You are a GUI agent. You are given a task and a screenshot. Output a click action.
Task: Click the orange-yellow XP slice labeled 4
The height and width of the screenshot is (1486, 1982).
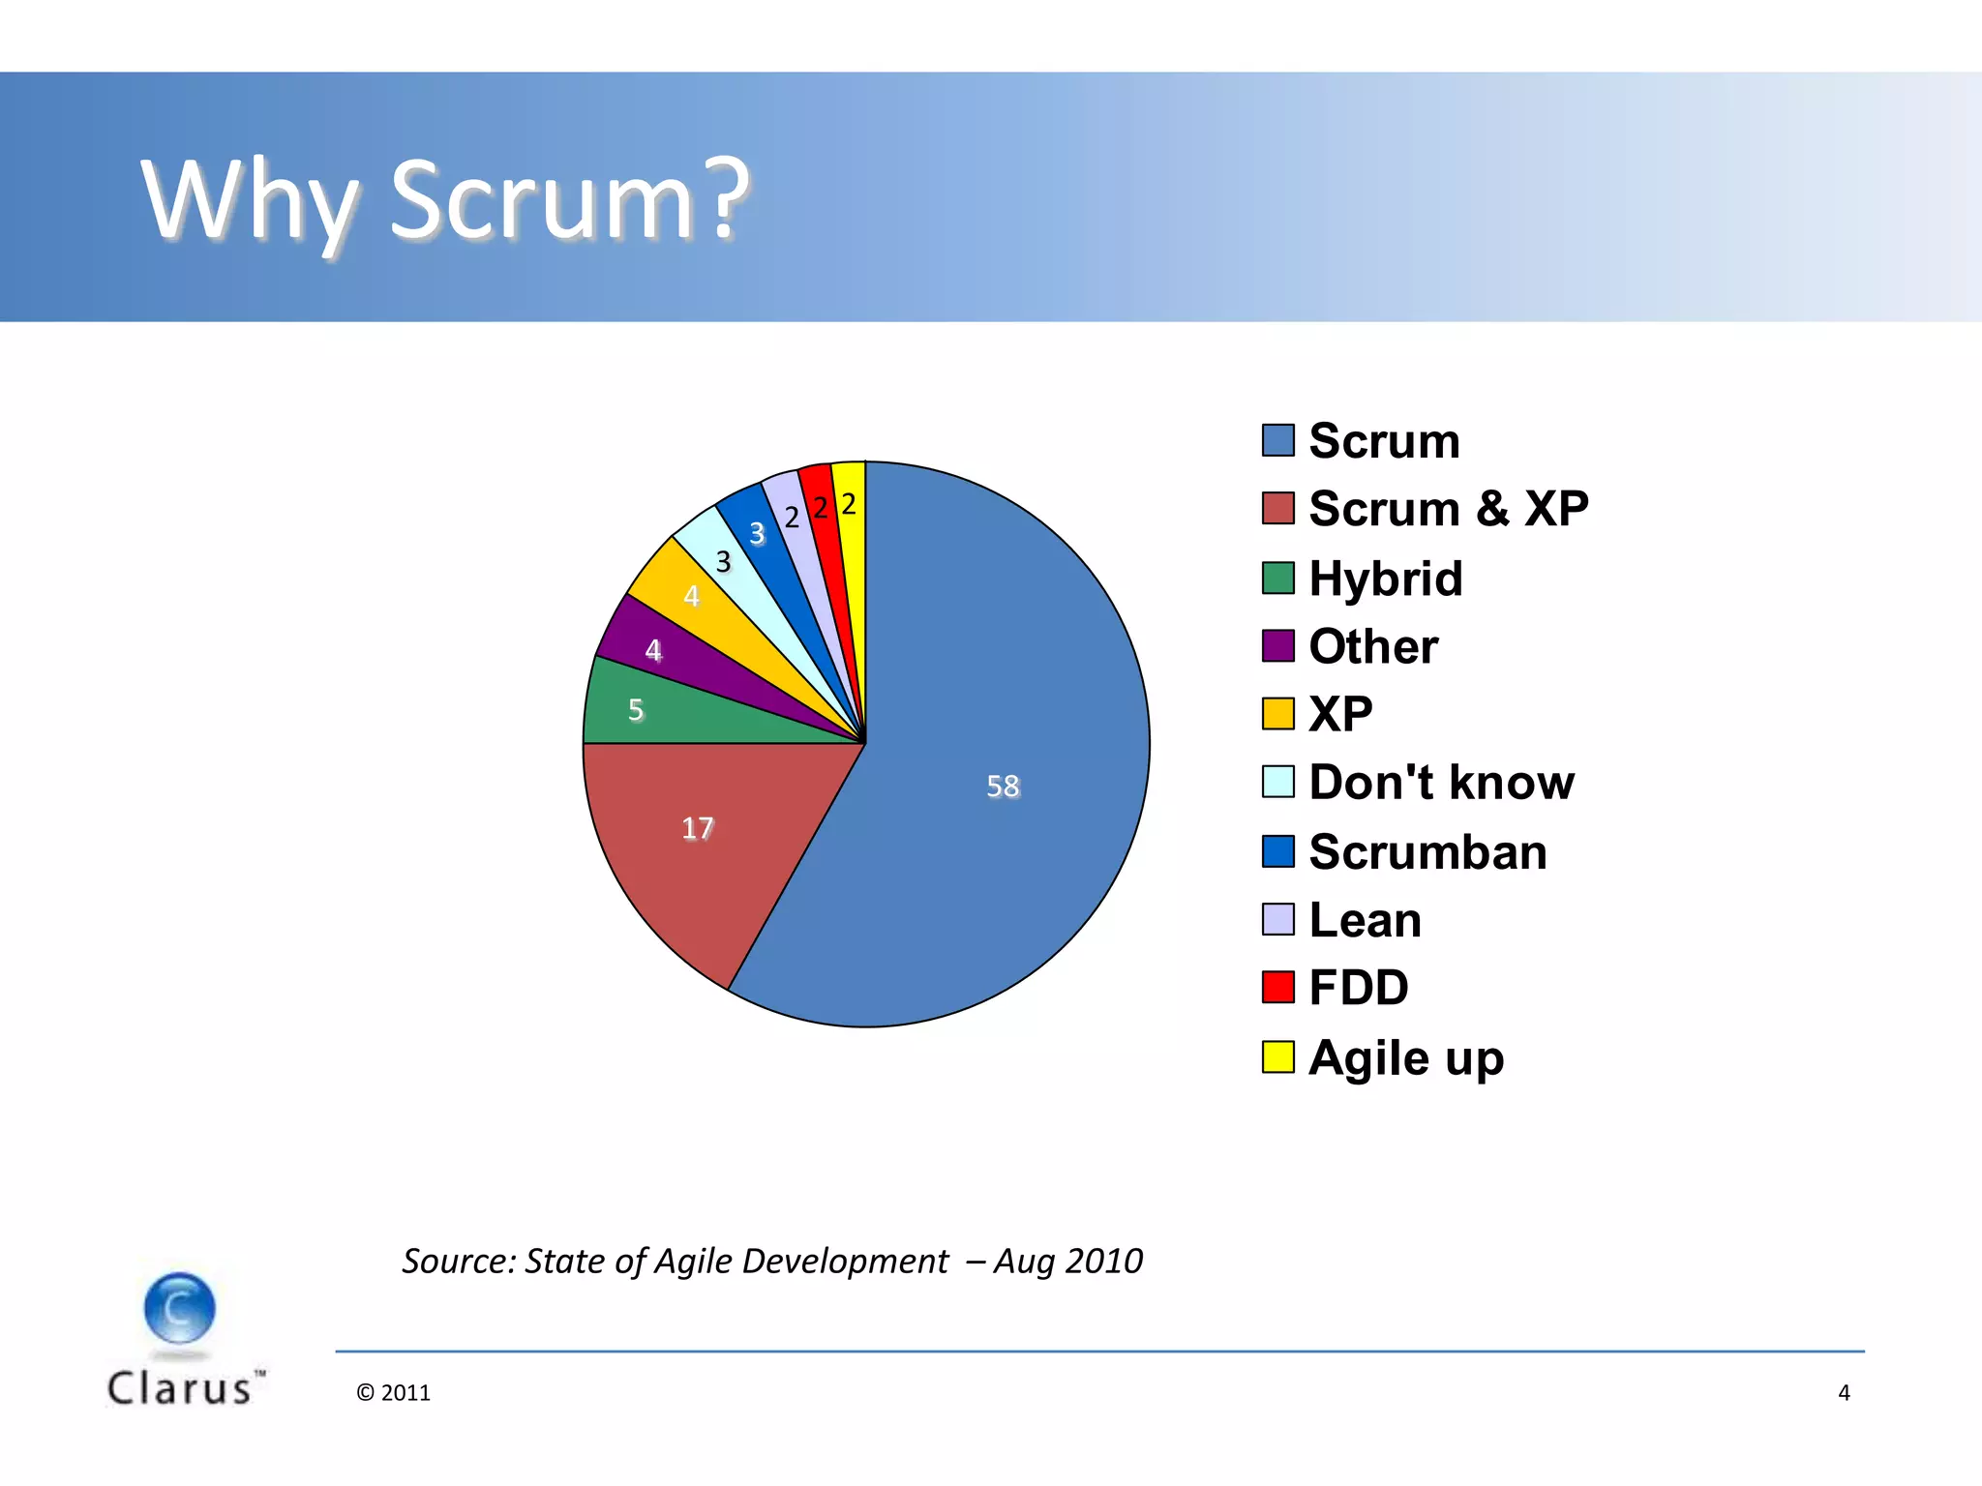click(x=692, y=595)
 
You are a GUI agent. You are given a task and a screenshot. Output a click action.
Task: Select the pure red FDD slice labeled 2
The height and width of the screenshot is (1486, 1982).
click(x=821, y=508)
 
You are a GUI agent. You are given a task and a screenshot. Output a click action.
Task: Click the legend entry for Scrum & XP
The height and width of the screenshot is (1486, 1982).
click(x=1447, y=508)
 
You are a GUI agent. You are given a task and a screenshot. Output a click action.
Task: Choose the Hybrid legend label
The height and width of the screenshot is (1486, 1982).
click(x=1384, y=579)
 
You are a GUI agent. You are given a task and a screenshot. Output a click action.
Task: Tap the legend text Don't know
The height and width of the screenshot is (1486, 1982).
click(x=1440, y=782)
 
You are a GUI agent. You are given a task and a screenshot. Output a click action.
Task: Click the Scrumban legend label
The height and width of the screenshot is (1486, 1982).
click(x=1426, y=851)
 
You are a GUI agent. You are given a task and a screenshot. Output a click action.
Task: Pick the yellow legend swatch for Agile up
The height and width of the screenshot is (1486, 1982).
click(x=1277, y=1056)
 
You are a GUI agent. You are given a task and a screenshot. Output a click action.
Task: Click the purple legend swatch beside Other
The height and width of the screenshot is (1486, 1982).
click(x=1277, y=645)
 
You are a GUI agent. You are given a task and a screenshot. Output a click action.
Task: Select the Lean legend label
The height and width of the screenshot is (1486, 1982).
click(x=1365, y=919)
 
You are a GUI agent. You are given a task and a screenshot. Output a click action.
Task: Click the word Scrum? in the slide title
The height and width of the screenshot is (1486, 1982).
click(x=569, y=200)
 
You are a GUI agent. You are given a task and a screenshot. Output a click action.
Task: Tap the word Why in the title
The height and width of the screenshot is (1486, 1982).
click(x=250, y=200)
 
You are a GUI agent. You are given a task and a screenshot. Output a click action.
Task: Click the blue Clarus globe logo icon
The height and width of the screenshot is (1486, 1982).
click(x=179, y=1308)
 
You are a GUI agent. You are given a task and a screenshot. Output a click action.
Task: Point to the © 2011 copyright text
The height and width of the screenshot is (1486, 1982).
click(x=393, y=1392)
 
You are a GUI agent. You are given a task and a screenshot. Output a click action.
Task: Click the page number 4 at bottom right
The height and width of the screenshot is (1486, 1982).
click(x=1844, y=1392)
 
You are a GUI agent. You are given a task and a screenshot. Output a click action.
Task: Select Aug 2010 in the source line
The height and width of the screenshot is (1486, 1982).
click(x=1068, y=1261)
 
